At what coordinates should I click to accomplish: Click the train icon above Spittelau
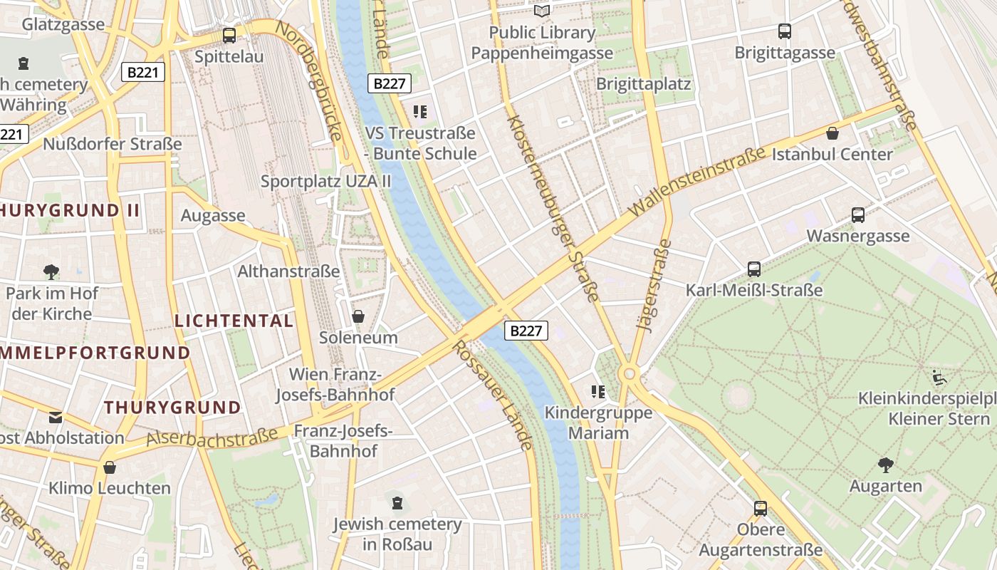[x=229, y=35]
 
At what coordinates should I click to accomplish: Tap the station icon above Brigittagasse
[x=784, y=31]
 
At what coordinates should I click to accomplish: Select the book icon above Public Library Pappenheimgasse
[x=542, y=11]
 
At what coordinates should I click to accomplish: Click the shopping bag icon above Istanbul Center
[x=832, y=133]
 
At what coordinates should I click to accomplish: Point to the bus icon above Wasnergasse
[x=857, y=214]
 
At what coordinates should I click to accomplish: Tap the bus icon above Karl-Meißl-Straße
[x=753, y=269]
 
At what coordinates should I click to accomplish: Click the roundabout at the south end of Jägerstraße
[x=628, y=373]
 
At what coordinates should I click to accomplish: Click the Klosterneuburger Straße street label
[x=553, y=207]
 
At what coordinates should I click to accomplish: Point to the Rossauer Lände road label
[x=493, y=395]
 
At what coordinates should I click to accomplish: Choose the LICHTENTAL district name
[x=234, y=321]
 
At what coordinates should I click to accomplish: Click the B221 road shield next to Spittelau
[x=143, y=72]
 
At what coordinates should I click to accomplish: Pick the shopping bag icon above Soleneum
[x=358, y=316]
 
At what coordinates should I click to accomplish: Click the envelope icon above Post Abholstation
[x=56, y=417]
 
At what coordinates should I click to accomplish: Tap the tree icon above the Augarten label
[x=885, y=465]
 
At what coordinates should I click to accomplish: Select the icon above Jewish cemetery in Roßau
[x=397, y=503]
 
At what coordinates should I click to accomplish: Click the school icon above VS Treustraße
[x=419, y=111]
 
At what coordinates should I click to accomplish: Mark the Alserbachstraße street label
[x=212, y=437]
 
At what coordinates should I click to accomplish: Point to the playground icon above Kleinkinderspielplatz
[x=939, y=377]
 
